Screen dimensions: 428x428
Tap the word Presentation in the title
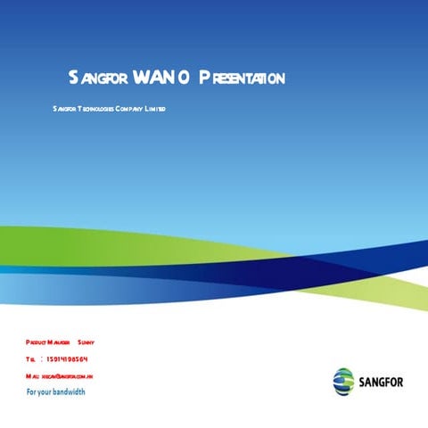(x=242, y=78)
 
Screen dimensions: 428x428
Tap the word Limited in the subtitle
(x=156, y=109)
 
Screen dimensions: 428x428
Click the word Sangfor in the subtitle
(x=64, y=109)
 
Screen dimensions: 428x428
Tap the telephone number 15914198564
(x=66, y=360)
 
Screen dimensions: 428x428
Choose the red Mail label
(x=32, y=377)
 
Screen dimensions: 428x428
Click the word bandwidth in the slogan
(x=70, y=392)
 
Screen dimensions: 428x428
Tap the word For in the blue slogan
(x=32, y=392)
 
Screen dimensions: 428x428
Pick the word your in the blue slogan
(x=46, y=392)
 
